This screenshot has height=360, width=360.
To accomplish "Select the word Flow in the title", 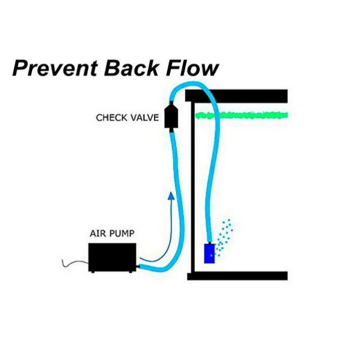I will click(x=192, y=69).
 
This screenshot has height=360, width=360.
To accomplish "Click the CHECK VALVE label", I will click(x=127, y=118).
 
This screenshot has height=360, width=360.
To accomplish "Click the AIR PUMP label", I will click(x=112, y=233).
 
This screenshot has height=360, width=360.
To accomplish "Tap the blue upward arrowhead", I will click(x=170, y=196).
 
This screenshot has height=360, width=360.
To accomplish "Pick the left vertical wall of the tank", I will click(x=190, y=186).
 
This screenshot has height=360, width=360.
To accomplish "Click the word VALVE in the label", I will click(x=143, y=118).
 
